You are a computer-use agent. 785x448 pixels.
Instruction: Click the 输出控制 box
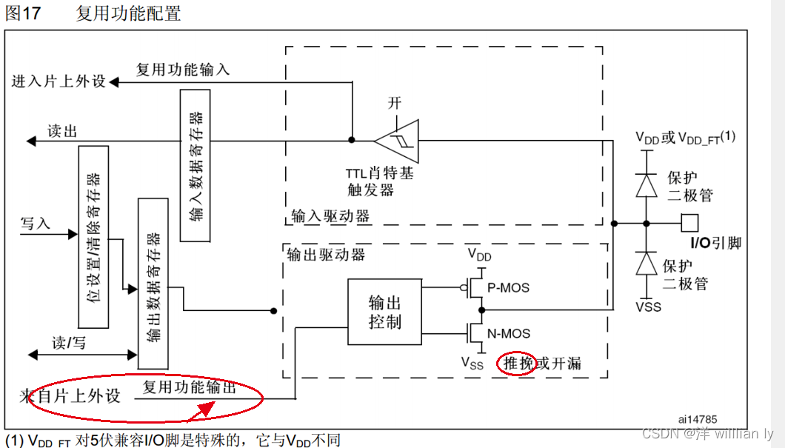click(384, 312)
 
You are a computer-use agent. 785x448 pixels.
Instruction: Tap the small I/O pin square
click(689, 222)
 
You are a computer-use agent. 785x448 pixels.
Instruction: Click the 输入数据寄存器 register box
click(196, 165)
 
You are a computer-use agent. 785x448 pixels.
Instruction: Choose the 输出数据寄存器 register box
click(153, 283)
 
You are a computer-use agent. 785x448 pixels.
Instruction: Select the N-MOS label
click(508, 333)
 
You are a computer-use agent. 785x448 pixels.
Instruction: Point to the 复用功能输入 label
click(183, 70)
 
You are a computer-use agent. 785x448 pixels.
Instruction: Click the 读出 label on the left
click(62, 131)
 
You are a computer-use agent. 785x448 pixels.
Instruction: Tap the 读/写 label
click(69, 342)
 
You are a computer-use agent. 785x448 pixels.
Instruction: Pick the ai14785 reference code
click(698, 419)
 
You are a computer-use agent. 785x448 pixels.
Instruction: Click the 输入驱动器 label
click(330, 216)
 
